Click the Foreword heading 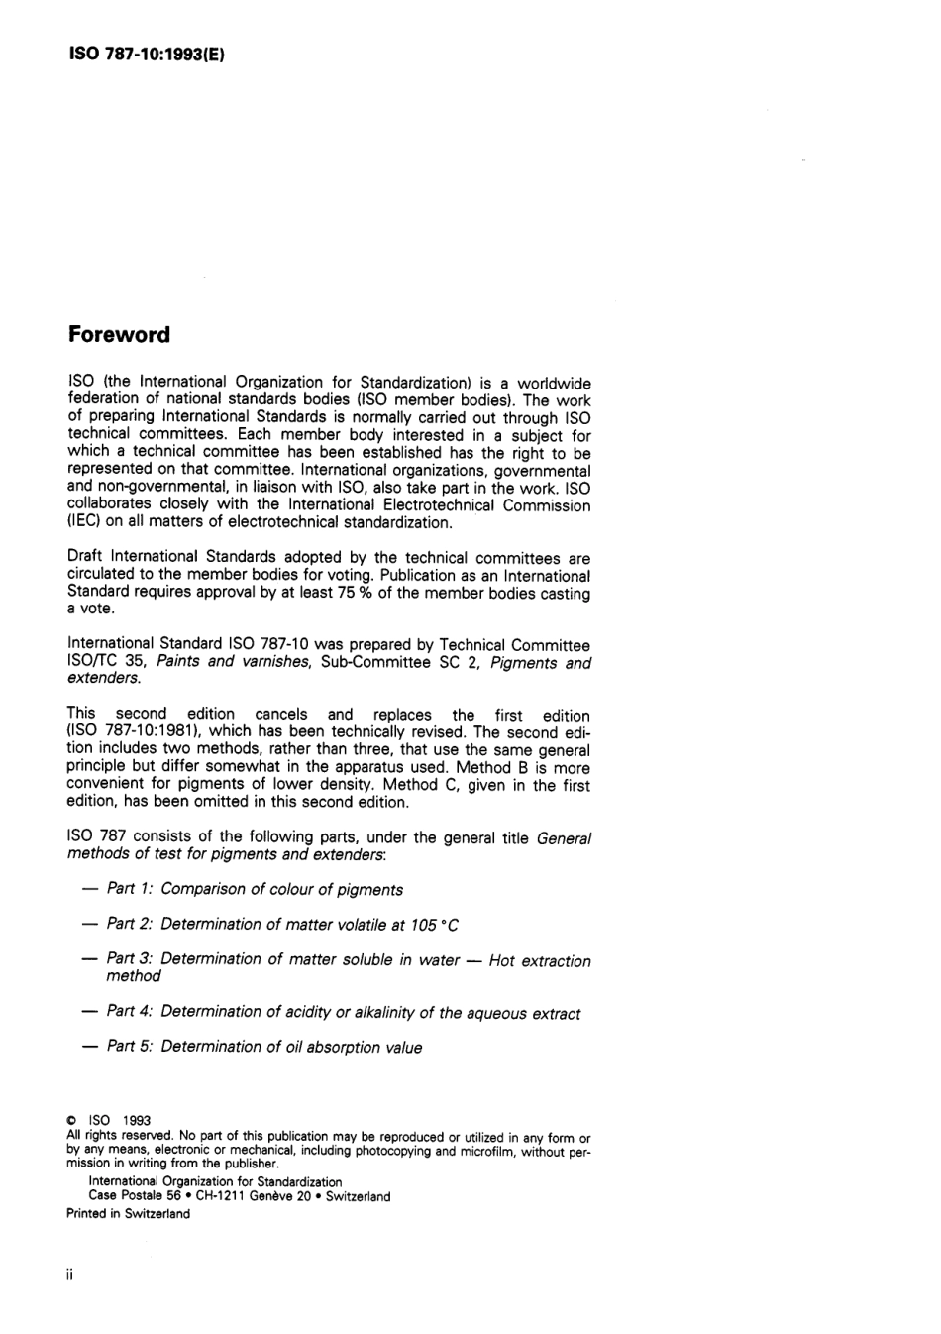[x=119, y=335]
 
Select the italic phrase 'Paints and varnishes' [x=233, y=662]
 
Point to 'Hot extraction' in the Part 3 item [x=540, y=960]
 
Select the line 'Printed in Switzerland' [x=128, y=1213]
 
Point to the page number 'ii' [x=70, y=1275]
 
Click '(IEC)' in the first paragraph [x=83, y=523]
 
